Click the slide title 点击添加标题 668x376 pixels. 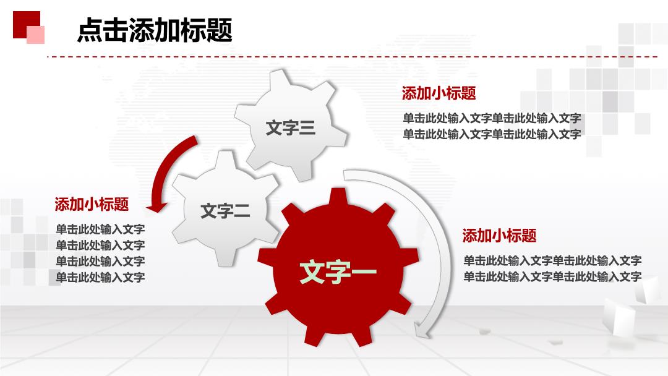tap(155, 30)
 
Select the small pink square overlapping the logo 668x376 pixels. tap(36, 35)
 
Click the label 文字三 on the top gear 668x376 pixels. tap(291, 128)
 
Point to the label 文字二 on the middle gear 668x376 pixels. tap(225, 211)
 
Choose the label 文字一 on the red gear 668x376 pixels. tap(338, 272)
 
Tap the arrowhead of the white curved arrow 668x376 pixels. tap(422, 330)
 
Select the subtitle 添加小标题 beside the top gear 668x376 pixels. tap(439, 93)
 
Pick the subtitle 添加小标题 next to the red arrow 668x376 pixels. tap(92, 205)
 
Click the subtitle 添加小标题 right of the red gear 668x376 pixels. tap(499, 236)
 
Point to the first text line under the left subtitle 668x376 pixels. tap(101, 229)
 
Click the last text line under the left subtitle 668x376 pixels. tap(101, 278)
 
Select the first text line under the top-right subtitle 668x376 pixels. tap(492, 118)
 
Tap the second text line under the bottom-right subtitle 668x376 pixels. tap(552, 277)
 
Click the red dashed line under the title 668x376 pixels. tap(353, 56)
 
